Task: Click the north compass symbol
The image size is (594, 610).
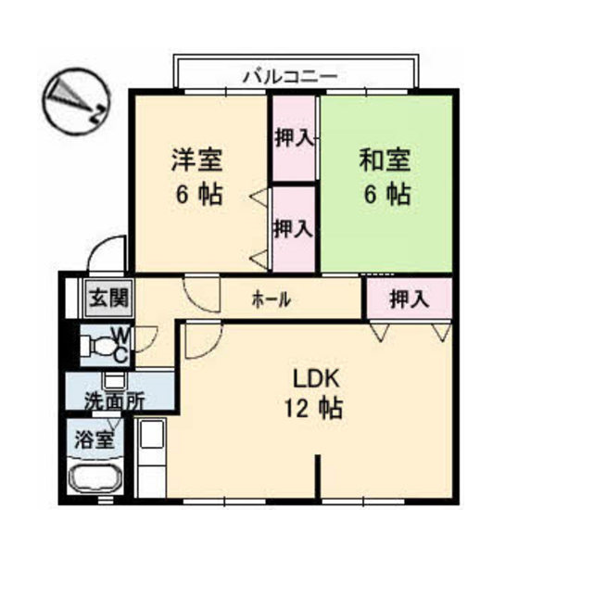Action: tap(76, 101)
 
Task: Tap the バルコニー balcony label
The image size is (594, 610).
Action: tap(290, 77)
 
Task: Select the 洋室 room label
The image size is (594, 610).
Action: tap(197, 159)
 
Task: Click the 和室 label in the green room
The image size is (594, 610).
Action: tap(385, 159)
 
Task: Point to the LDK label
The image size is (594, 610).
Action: tap(315, 378)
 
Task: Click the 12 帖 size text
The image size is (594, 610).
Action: tap(313, 409)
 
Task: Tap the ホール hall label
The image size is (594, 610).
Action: tap(272, 299)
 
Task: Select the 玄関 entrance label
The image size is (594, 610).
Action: tap(109, 299)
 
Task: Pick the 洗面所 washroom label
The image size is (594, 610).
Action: tap(115, 400)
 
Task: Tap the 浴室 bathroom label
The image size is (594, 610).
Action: tap(95, 439)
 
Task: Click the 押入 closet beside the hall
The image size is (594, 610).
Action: tap(410, 299)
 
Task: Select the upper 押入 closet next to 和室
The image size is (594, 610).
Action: tap(294, 138)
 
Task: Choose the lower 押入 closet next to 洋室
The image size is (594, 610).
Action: tap(294, 229)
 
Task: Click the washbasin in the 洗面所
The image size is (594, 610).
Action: tap(114, 381)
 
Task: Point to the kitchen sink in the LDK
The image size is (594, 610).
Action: tap(152, 434)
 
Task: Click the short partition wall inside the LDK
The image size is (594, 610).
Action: tap(318, 477)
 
